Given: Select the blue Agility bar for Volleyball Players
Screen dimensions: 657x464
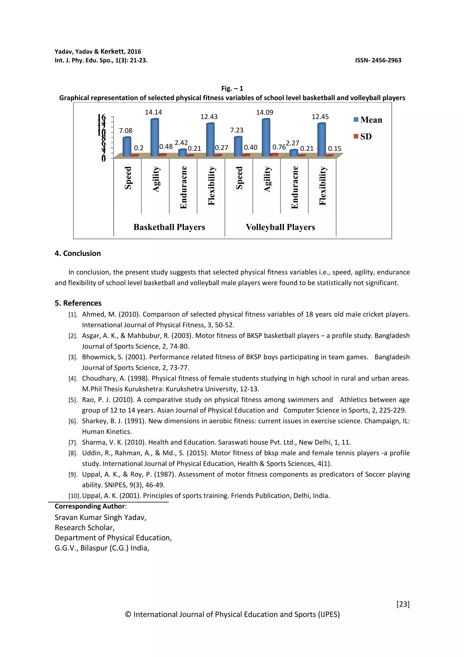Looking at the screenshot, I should point(266,137).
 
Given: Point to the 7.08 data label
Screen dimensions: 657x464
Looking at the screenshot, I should point(126,131).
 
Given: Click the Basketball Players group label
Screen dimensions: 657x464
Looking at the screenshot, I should point(169,227).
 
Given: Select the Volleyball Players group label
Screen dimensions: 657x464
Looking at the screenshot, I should point(280,227).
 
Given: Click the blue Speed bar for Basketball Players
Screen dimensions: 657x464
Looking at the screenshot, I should point(127,146).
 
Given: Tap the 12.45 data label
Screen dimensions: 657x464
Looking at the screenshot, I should point(320,117).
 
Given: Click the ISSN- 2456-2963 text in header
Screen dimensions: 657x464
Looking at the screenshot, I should point(378,60).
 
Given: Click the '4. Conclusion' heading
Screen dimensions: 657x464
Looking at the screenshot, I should point(78,253).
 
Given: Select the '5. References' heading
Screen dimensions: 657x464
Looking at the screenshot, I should point(78,303).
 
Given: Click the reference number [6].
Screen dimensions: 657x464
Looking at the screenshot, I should point(73,421).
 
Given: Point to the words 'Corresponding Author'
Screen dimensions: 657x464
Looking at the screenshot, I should point(90,506).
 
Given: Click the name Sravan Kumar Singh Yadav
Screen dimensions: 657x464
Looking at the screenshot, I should point(100,517).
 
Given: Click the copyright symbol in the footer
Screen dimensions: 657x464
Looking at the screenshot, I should point(128,614).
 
